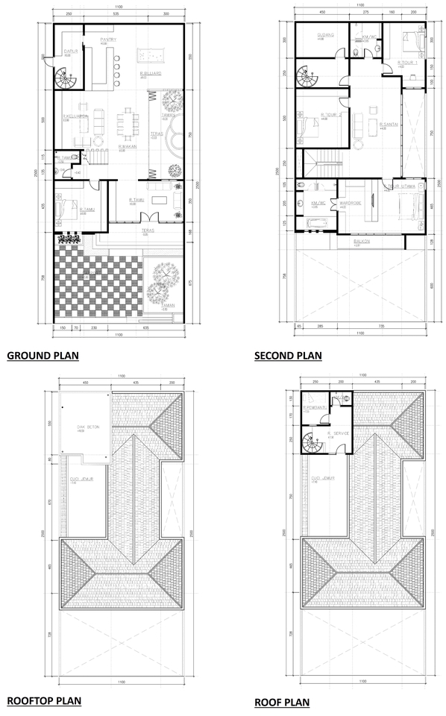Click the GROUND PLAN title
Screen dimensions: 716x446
click(x=43, y=356)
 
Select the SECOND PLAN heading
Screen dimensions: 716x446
click(x=288, y=356)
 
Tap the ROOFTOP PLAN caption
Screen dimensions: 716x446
click(x=44, y=700)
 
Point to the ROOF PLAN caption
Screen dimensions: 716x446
click(x=282, y=702)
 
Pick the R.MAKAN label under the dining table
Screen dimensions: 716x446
click(x=125, y=146)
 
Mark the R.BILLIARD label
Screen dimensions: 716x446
click(x=151, y=72)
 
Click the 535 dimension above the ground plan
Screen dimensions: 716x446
click(x=116, y=14)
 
